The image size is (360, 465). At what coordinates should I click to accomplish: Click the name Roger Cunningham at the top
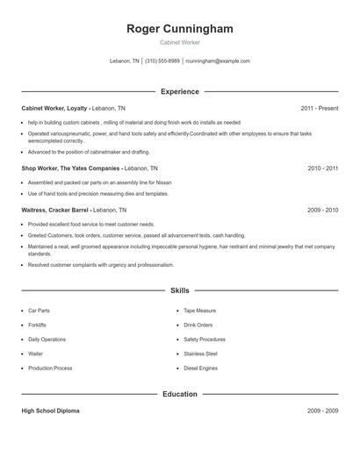coord(180,29)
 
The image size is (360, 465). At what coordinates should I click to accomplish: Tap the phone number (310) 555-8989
coord(162,61)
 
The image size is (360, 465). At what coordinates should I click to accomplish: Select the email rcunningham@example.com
coord(218,61)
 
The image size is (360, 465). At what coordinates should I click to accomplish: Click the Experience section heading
coord(180,91)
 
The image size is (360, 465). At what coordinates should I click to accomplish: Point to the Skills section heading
coord(180,290)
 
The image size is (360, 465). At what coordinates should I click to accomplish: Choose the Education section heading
coord(180,394)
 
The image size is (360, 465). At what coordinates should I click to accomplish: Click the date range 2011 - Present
coord(320,108)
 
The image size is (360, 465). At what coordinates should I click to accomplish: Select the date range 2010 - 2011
coord(323,167)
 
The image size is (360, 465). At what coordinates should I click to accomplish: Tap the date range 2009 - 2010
coord(323,211)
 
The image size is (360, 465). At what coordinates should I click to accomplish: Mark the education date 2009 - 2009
coord(323,411)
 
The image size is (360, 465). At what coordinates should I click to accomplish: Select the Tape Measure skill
coord(198,311)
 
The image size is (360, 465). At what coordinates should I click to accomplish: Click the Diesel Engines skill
coord(200,368)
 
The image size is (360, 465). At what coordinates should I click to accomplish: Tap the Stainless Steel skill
coord(200,354)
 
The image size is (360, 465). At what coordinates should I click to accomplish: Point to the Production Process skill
coord(50,368)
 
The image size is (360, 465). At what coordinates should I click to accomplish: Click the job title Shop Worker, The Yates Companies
coord(70,167)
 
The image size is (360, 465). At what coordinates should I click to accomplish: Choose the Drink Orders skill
coord(198,325)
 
